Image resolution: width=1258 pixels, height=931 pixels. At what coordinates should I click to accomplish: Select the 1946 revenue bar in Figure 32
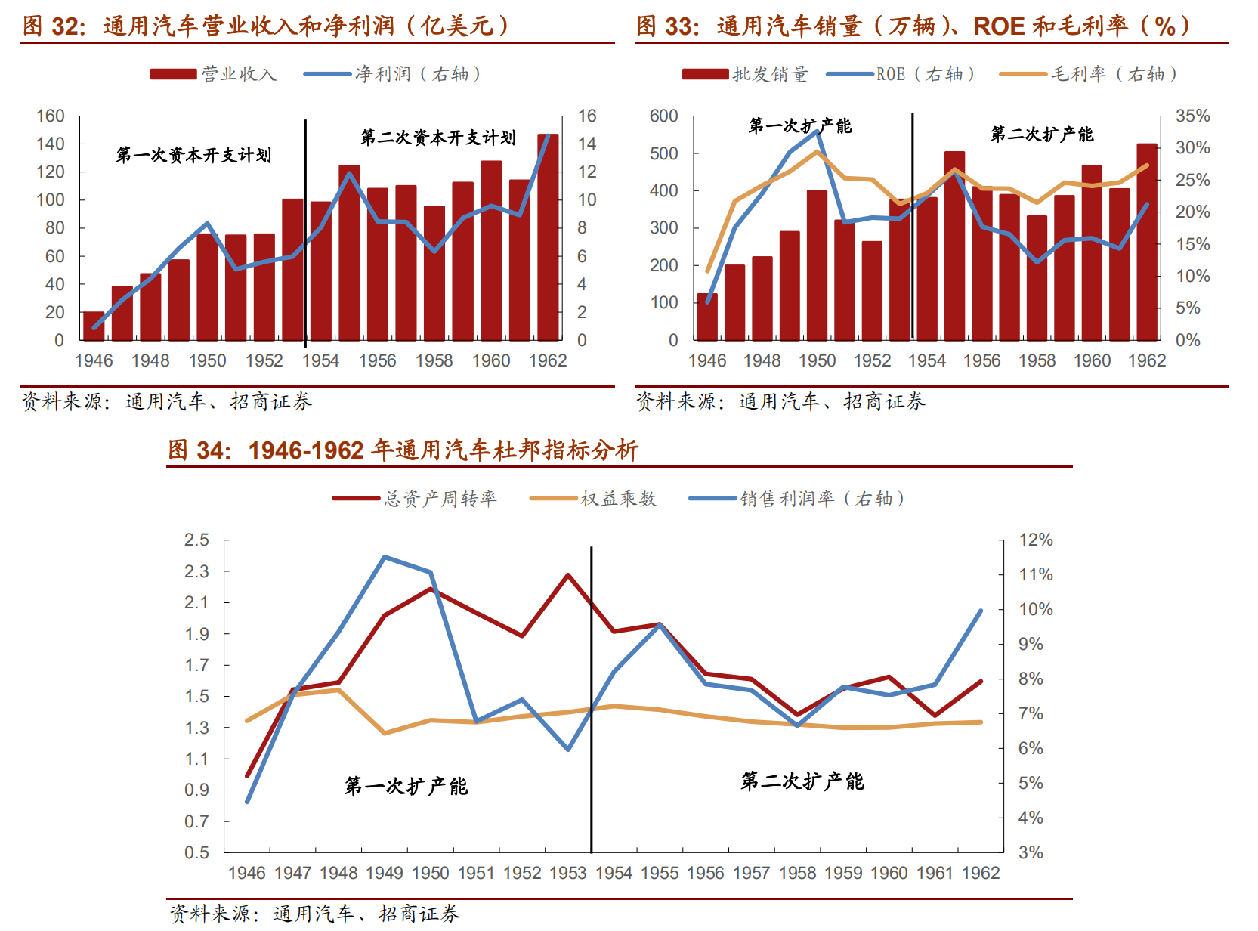(x=94, y=326)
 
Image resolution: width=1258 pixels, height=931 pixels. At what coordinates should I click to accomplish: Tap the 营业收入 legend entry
(x=214, y=74)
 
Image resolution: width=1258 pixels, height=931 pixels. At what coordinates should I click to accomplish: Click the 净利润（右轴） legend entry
(x=393, y=74)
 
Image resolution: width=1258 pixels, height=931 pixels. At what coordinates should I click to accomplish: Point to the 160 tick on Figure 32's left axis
(x=51, y=116)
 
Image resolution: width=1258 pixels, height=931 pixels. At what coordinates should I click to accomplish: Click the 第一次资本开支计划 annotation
(x=193, y=156)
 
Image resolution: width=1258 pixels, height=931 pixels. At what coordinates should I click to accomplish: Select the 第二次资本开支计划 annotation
(x=438, y=138)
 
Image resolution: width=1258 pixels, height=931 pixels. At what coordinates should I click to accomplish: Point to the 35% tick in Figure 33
(x=1192, y=116)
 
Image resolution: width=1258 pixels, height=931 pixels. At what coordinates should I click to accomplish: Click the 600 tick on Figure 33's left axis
(x=663, y=116)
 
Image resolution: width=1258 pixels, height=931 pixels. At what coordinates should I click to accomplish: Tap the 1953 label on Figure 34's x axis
(x=567, y=874)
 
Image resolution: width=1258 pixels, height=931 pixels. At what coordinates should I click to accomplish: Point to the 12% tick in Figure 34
(x=1035, y=540)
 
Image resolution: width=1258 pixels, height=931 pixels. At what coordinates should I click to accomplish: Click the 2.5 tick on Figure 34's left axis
(x=196, y=540)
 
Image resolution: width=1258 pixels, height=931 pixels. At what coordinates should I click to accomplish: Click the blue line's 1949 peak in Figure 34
(x=385, y=558)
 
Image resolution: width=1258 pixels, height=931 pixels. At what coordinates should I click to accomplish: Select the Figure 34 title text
(x=403, y=450)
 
